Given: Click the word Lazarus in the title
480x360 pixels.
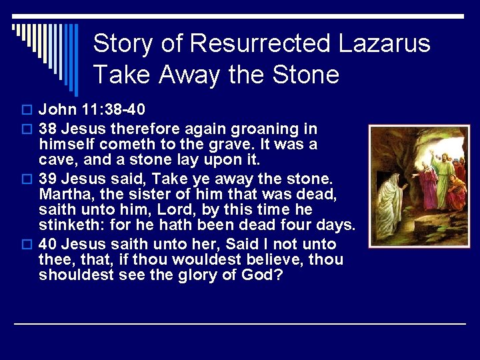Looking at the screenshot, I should (385, 44).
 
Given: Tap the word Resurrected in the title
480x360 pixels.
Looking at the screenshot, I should (260, 44).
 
